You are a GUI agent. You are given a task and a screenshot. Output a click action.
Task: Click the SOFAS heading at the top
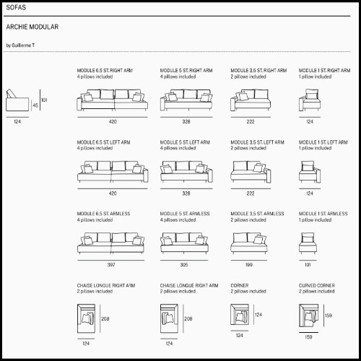pos(16,7)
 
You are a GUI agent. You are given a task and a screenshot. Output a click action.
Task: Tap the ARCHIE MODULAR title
pos(32,27)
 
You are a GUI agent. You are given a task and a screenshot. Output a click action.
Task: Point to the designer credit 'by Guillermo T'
pos(20,45)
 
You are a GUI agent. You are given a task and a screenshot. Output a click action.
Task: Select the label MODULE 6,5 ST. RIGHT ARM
pos(105,71)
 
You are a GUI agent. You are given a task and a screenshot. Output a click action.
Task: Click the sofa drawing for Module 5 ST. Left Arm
pos(186,172)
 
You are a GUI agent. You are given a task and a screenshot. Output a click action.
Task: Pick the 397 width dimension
pos(111,265)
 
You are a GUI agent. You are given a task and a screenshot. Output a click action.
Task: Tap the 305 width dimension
pos(184,265)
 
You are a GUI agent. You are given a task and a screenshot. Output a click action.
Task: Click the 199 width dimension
pos(249,265)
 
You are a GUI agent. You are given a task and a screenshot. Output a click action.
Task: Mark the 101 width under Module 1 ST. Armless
pos(308,265)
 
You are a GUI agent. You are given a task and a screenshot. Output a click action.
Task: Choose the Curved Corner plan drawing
pos(309,316)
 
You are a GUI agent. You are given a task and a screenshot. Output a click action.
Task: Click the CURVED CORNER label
pos(317,285)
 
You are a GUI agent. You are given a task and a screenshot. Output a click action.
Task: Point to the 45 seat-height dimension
pos(35,105)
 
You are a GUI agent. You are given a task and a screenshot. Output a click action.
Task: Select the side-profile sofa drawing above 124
pos(17,100)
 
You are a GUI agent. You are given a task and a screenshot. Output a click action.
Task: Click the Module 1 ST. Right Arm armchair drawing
pos(310,100)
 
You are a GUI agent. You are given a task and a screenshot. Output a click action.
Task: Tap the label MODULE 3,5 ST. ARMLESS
pos(257,214)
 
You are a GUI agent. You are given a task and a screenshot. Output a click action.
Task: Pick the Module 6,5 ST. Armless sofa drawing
pos(111,243)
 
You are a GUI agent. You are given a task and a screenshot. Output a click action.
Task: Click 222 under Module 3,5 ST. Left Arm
pos(251,193)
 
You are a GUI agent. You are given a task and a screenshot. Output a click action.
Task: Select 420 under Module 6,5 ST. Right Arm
pos(113,121)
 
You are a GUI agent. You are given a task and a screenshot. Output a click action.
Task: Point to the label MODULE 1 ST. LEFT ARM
pos(323,142)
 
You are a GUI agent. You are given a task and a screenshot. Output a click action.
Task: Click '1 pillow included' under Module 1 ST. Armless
pos(316,220)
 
